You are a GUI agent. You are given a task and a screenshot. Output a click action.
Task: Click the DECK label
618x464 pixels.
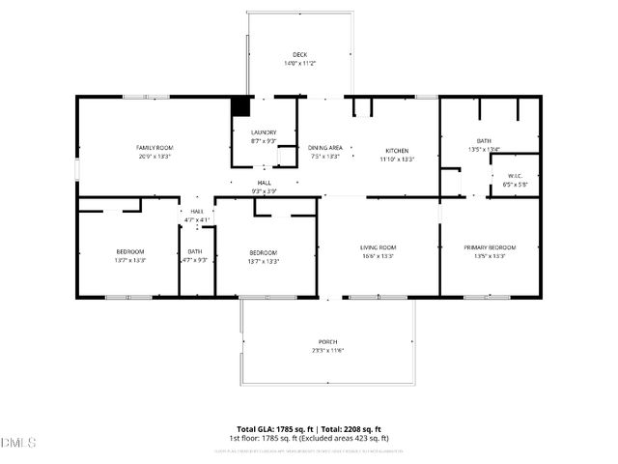click(x=301, y=54)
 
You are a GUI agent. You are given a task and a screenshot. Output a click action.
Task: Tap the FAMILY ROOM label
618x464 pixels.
click(x=153, y=147)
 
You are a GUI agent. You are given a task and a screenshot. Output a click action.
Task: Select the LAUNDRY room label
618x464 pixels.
click(x=264, y=132)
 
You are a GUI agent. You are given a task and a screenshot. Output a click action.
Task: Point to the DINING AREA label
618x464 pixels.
click(x=325, y=148)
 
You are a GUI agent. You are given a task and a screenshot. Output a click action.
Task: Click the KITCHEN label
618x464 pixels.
click(x=397, y=151)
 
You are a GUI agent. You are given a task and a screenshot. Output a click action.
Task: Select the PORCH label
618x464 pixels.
click(x=327, y=342)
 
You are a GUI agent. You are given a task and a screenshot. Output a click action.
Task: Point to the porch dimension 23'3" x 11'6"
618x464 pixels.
click(x=327, y=351)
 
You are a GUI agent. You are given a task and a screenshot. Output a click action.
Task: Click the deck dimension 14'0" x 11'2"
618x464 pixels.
click(x=301, y=63)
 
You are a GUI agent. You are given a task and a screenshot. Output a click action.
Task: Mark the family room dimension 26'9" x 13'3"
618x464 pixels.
click(x=153, y=156)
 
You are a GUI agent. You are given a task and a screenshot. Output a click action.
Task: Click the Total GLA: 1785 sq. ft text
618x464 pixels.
click(x=269, y=429)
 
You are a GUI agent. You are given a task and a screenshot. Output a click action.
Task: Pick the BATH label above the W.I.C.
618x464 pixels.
click(x=484, y=141)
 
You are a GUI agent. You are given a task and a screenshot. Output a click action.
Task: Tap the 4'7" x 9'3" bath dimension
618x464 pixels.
click(x=195, y=260)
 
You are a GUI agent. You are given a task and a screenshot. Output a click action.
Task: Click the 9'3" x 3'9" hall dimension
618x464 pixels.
click(x=264, y=191)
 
